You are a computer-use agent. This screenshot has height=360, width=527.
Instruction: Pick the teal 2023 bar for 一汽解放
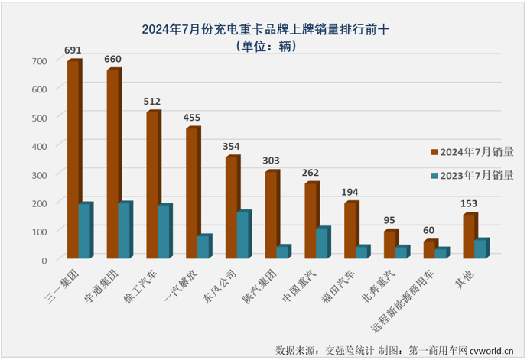pos(203,247)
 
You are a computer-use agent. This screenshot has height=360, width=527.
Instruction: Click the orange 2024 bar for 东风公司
pos(231,207)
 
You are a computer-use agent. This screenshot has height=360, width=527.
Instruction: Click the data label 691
pos(74,50)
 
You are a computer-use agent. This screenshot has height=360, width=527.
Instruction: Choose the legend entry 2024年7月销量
pos(476,152)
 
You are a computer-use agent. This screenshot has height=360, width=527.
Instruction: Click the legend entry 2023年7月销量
pos(476,175)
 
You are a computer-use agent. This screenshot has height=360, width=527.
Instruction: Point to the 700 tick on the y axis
pos(40,60)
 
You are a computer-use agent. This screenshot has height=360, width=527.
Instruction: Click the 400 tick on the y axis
pos(40,145)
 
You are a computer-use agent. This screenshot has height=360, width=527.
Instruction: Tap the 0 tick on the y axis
pos(44,259)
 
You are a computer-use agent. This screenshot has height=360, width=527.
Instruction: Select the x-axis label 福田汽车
pos(350,284)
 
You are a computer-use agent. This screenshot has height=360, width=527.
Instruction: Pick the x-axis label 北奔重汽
pos(389,284)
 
